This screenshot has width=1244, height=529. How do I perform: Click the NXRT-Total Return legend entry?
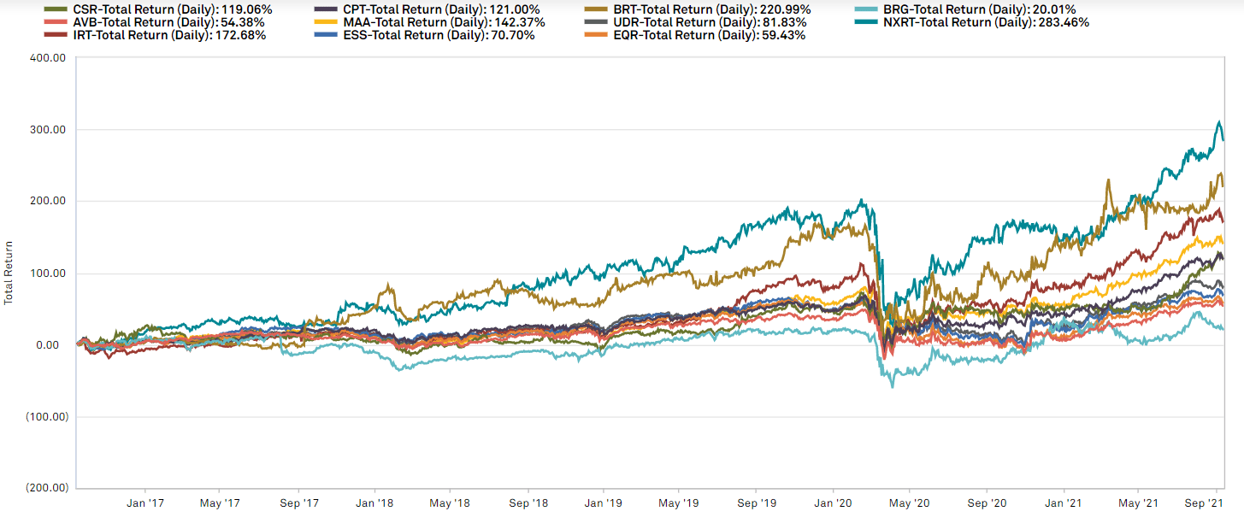tap(971, 23)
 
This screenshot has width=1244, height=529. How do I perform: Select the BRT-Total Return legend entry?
tap(698, 10)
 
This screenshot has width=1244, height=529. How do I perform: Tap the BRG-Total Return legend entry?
tap(964, 10)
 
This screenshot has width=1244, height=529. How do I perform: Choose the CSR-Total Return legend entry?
tap(157, 10)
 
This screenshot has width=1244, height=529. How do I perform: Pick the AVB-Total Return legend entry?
tap(154, 23)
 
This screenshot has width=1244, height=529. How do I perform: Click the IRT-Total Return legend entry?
tap(155, 36)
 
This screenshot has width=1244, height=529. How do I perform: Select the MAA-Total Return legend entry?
tap(429, 23)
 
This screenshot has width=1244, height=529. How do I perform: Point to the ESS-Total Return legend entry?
tap(424, 36)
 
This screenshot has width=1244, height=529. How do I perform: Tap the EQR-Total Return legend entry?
tap(695, 36)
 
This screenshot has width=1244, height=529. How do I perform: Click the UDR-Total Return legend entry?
tap(695, 23)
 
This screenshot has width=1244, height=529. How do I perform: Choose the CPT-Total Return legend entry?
tap(427, 10)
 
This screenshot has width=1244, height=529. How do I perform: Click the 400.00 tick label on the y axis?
tap(48, 58)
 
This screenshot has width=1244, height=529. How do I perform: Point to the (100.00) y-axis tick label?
tap(47, 417)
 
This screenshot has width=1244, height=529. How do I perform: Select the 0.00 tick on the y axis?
tap(48, 345)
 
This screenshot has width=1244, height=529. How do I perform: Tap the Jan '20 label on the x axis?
tap(833, 503)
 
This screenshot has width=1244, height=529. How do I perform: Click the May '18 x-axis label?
tap(449, 503)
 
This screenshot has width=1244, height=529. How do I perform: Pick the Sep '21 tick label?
tap(1204, 503)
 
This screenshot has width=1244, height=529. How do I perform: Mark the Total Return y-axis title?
tap(9, 273)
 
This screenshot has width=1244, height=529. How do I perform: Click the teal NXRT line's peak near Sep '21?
tap(1215, 121)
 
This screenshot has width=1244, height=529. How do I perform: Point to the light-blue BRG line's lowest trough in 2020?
tap(893, 387)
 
